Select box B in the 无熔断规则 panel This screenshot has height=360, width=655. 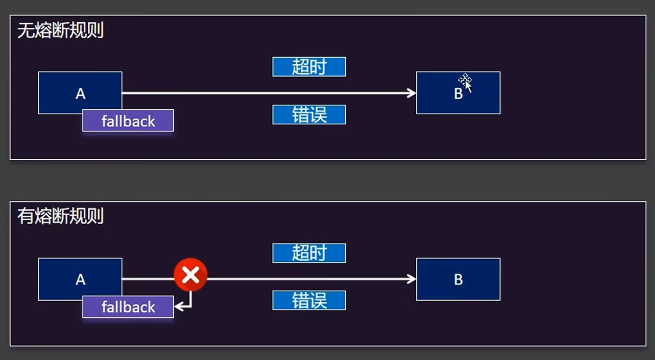pyautogui.click(x=458, y=100)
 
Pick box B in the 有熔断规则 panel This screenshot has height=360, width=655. pyautogui.click(x=458, y=279)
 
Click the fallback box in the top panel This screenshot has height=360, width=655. pyautogui.click(x=128, y=121)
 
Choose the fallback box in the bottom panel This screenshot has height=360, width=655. pyautogui.click(x=128, y=307)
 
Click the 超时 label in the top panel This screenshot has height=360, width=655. pyautogui.click(x=309, y=67)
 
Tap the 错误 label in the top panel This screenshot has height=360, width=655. pyautogui.click(x=309, y=115)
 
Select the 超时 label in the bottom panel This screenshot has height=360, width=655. pyautogui.click(x=309, y=253)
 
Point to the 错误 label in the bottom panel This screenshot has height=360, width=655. pyautogui.click(x=309, y=301)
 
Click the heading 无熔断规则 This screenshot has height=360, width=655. pyautogui.click(x=61, y=30)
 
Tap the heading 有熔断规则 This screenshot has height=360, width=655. pyautogui.click(x=61, y=216)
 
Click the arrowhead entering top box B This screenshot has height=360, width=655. pyautogui.click(x=412, y=93)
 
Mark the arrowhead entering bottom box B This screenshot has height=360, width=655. pyautogui.click(x=412, y=279)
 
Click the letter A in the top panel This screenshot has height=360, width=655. pyautogui.click(x=80, y=94)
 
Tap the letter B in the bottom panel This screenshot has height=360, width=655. pyautogui.click(x=458, y=280)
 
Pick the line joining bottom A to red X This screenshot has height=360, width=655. pyautogui.click(x=148, y=279)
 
